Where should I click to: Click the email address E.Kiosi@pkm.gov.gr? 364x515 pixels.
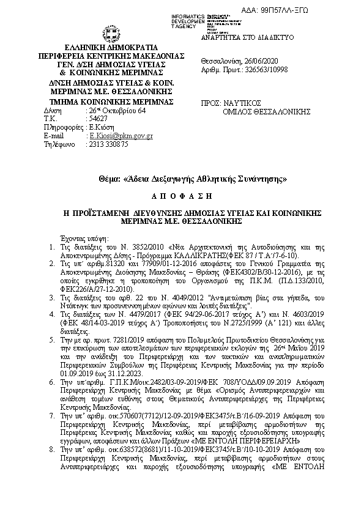121,136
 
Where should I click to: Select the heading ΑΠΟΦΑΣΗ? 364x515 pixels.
182,196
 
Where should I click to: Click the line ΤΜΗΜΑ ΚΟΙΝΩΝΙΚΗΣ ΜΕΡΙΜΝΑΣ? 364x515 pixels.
111,101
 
